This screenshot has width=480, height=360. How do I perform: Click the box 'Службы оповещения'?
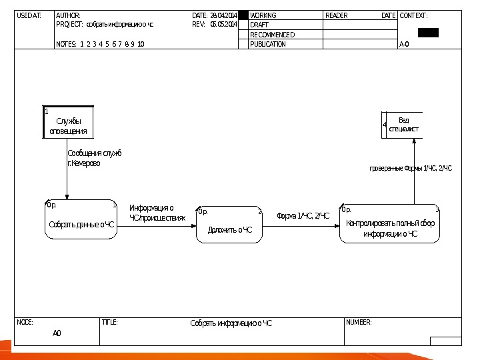tap(69, 123)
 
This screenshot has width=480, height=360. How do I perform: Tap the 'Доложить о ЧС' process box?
tap(230, 225)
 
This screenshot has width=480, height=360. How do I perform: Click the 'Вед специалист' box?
tap(403, 125)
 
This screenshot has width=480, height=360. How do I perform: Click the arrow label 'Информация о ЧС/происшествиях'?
tap(157, 213)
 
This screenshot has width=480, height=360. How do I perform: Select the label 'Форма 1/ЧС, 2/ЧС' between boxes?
tap(303, 216)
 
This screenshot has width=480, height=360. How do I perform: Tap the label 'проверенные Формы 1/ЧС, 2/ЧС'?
tap(411, 169)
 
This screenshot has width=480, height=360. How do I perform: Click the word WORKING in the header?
tap(263, 15)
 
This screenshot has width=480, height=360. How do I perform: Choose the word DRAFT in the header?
tap(259, 25)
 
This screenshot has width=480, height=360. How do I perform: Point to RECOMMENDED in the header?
tap(272, 35)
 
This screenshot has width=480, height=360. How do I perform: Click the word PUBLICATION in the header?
tap(268, 44)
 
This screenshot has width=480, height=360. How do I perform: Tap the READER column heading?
tap(336, 15)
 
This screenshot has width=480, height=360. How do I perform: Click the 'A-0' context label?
tap(404, 44)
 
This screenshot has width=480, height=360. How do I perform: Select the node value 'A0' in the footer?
tap(57, 333)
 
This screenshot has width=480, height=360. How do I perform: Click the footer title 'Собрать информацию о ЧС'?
tap(231, 323)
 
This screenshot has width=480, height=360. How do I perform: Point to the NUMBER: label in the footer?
tap(359, 322)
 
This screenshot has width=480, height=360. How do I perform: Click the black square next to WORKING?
tap(243, 15)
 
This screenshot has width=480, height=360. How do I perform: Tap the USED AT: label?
tap(29, 15)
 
